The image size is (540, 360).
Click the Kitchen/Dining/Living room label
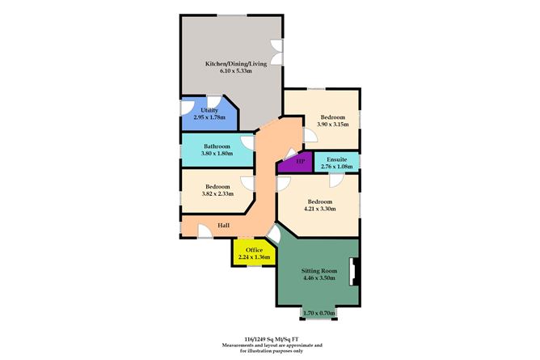[x=236, y=64]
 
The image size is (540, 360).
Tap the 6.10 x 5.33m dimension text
[x=236, y=71]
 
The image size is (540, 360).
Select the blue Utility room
[x=209, y=114]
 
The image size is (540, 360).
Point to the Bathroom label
[x=217, y=146]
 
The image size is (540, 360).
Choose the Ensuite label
[x=337, y=159]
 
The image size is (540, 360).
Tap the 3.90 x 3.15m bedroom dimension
[x=333, y=124]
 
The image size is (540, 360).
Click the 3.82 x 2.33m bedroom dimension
[x=217, y=193]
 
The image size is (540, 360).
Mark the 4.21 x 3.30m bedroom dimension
[x=320, y=209]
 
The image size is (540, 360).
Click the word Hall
[x=223, y=225]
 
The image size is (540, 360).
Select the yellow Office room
[x=254, y=253]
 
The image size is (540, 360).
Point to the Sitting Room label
[x=319, y=271]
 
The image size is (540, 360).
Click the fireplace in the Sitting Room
[x=354, y=272]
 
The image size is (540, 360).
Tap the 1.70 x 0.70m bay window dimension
[x=319, y=313]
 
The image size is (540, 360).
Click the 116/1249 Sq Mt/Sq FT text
[x=272, y=339]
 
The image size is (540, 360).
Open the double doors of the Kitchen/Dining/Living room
[x=277, y=52]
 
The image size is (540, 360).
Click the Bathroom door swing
[x=247, y=142]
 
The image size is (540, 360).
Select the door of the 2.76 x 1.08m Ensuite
[x=335, y=180]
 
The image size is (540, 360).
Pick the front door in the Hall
[x=205, y=231]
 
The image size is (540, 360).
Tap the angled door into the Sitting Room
[x=274, y=234]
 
